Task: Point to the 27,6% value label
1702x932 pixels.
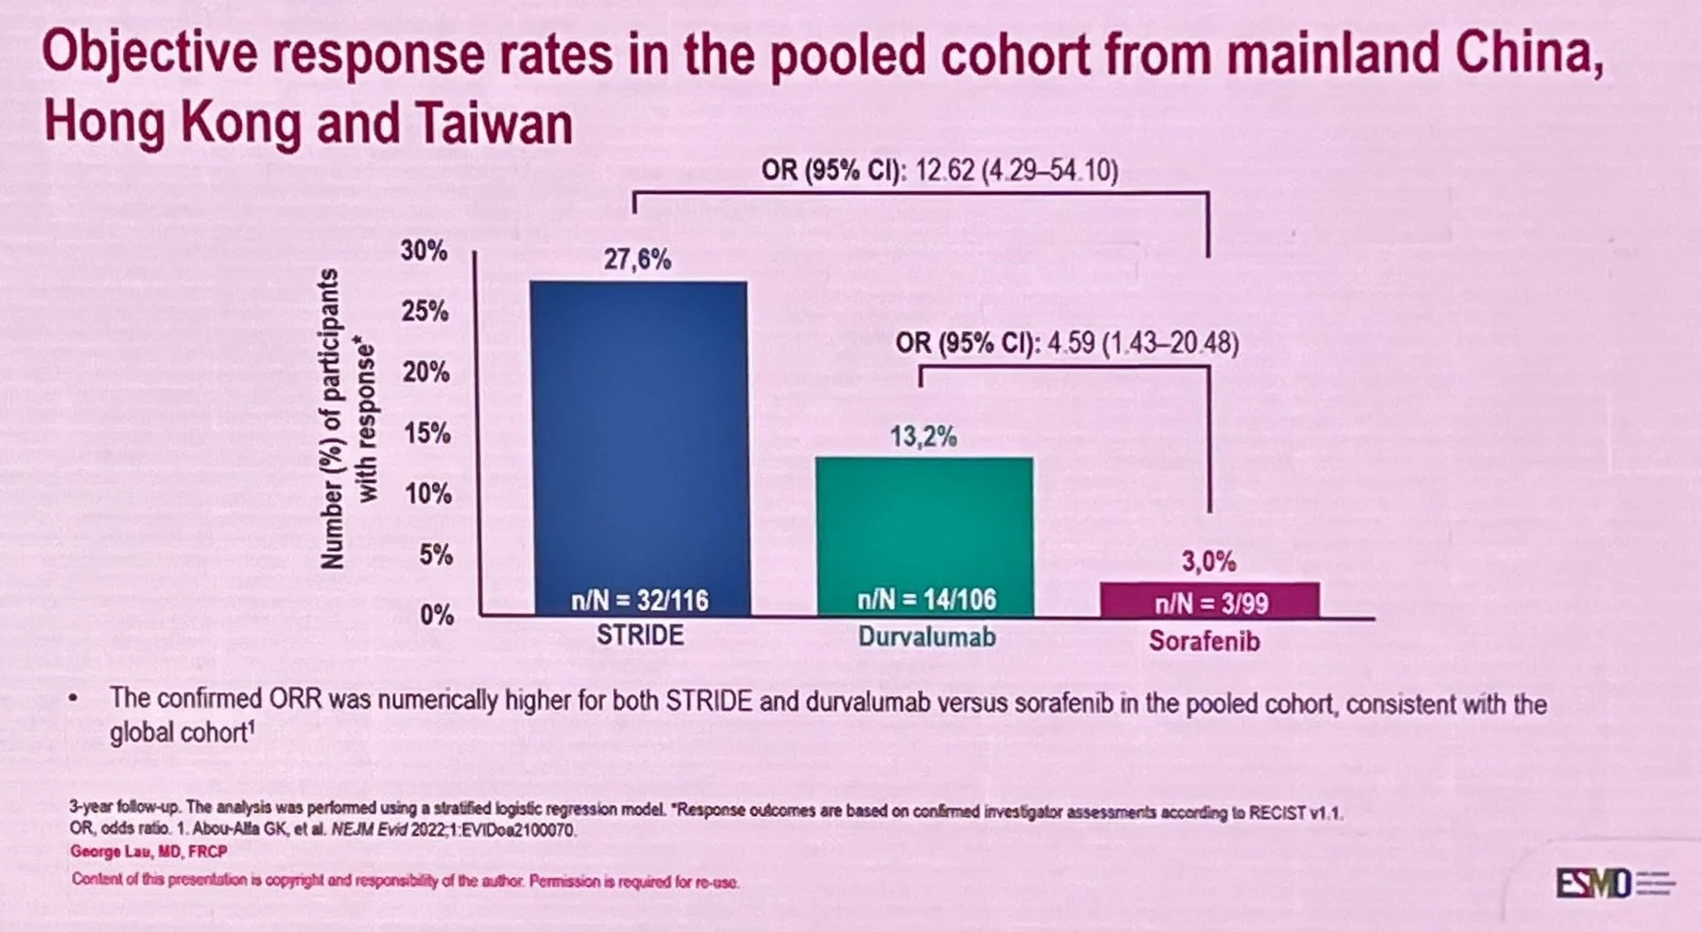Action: tap(637, 260)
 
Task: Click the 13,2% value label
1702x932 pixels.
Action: tap(923, 437)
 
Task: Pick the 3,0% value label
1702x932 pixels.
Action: tap(1208, 561)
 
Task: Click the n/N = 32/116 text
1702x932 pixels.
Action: tap(640, 600)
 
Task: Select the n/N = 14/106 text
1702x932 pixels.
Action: tap(926, 600)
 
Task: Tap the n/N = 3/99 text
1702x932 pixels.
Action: tap(1211, 604)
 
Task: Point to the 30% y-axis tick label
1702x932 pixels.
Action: tap(424, 251)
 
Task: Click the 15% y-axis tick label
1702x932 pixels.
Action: tap(425, 433)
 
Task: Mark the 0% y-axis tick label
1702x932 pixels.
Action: tap(436, 615)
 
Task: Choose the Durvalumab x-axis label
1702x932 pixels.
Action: tap(926, 637)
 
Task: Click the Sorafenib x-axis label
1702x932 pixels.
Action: tap(1204, 641)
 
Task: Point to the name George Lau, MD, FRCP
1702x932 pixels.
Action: tap(148, 852)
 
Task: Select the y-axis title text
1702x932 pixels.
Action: tap(347, 419)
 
